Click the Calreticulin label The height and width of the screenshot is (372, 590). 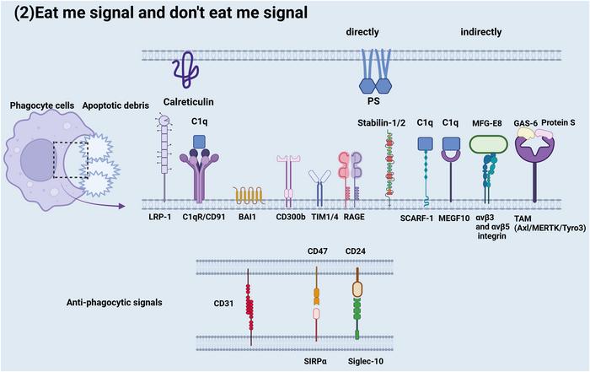pyautogui.click(x=188, y=102)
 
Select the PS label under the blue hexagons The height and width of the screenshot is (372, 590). pyautogui.click(x=373, y=101)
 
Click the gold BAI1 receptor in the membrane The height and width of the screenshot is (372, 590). pyautogui.click(x=249, y=196)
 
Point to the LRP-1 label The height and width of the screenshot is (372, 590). pyautogui.click(x=160, y=217)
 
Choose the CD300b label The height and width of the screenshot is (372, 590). pyautogui.click(x=291, y=217)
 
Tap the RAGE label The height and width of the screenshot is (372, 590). pyautogui.click(x=354, y=217)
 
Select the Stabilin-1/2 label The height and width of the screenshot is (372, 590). pyautogui.click(x=381, y=123)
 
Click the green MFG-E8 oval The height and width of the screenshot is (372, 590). pyautogui.click(x=488, y=144)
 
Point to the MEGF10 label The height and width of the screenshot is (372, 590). pyautogui.click(x=454, y=218)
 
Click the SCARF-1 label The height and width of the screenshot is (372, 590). pyautogui.click(x=416, y=218)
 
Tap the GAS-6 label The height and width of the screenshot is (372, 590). pyautogui.click(x=525, y=123)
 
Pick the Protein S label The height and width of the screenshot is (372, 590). pyautogui.click(x=558, y=122)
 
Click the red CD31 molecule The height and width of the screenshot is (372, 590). pyautogui.click(x=249, y=306)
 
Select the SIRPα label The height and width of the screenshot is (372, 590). pyautogui.click(x=315, y=362)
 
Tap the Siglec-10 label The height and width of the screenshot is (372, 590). pyautogui.click(x=365, y=362)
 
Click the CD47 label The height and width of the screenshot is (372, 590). pyautogui.click(x=317, y=251)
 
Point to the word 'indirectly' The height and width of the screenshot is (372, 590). pyautogui.click(x=481, y=32)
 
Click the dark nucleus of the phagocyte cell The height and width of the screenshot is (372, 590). pyautogui.click(x=37, y=160)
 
